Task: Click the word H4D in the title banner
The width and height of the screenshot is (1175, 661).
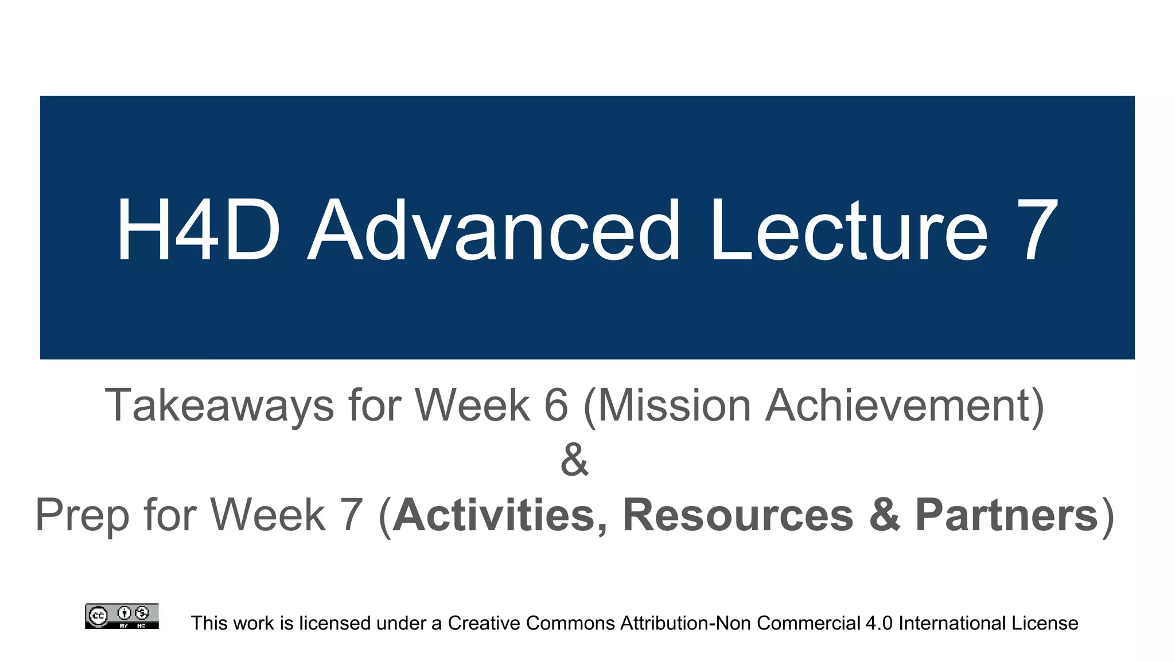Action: pos(199,230)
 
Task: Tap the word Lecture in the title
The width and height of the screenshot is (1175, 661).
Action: pos(849,230)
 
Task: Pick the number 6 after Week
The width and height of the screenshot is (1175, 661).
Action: pos(556,405)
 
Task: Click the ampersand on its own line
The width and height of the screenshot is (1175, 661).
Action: pos(574,460)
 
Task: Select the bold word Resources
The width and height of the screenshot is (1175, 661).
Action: pos(738,515)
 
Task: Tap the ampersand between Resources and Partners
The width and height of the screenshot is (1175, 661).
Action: pos(885,515)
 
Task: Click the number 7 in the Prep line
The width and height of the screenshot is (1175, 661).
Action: pos(352,515)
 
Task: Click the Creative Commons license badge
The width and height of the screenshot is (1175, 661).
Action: pos(122,616)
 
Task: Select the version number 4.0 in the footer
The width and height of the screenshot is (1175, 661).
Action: pos(879,623)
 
